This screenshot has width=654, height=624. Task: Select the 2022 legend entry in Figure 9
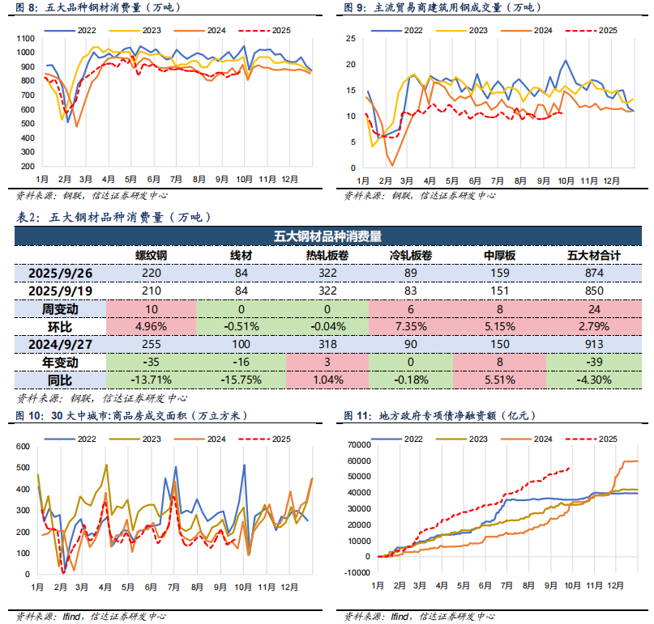[x=403, y=30]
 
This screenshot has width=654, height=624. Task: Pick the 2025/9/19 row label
[x=60, y=291]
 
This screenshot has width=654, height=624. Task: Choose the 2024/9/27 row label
[x=60, y=344]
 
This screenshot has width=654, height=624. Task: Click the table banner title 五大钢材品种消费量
[x=327, y=236]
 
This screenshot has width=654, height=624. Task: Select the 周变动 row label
[x=60, y=308]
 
